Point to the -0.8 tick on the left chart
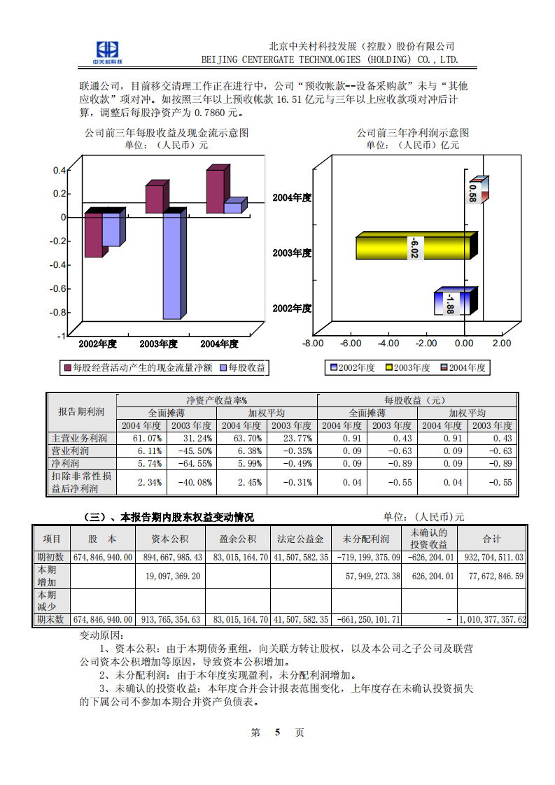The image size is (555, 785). pyautogui.click(x=58, y=312)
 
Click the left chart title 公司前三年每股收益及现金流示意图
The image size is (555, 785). pyautogui.click(x=167, y=132)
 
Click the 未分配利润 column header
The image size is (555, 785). pyautogui.click(x=365, y=539)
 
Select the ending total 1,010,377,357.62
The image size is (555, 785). pyautogui.click(x=491, y=620)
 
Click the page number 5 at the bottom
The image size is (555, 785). pyautogui.click(x=278, y=733)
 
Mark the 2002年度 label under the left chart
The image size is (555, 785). pyautogui.click(x=97, y=344)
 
